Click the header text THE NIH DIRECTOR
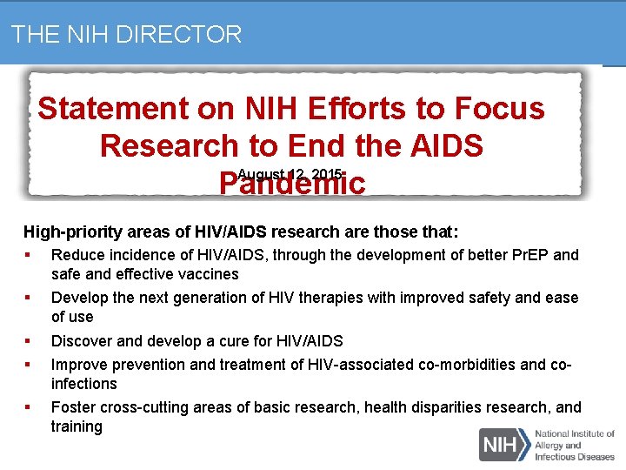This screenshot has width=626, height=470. click(126, 35)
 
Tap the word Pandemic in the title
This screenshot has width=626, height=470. click(291, 184)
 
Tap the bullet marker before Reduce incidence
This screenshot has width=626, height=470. click(29, 255)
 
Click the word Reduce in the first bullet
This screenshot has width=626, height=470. click(76, 255)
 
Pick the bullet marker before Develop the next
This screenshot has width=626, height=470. click(29, 298)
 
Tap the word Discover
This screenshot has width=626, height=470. click(81, 341)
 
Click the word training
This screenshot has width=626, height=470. click(77, 426)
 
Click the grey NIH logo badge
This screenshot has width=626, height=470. click(503, 444)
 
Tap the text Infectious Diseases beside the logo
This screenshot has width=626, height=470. click(575, 455)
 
